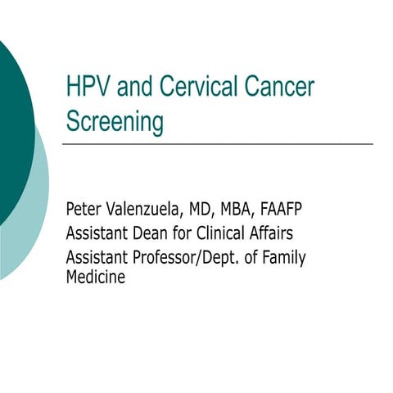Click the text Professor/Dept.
pyautogui.click(x=185, y=258)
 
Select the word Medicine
pyautogui.click(x=95, y=277)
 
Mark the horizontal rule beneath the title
pyautogui.click(x=217, y=144)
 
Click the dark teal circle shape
pyautogui.click(x=12, y=123)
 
